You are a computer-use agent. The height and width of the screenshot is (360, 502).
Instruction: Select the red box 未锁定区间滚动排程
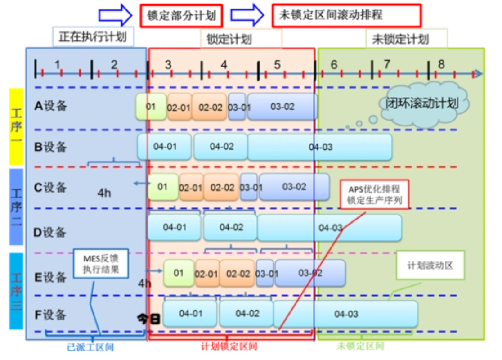click(x=346, y=15)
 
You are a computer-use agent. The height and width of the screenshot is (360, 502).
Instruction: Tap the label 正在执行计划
click(x=94, y=37)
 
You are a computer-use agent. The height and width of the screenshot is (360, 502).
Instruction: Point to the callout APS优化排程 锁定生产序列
click(x=375, y=194)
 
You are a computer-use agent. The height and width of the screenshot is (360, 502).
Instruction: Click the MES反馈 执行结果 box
click(x=101, y=264)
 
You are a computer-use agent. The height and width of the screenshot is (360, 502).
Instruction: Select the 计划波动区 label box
click(x=430, y=265)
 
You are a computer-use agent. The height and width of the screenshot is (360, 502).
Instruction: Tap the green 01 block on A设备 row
click(x=151, y=107)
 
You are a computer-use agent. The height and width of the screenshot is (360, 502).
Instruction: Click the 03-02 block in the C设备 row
click(x=294, y=187)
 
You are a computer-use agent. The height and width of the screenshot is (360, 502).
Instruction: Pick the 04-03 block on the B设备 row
click(x=320, y=147)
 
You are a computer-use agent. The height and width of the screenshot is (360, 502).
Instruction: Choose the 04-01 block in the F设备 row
click(x=191, y=313)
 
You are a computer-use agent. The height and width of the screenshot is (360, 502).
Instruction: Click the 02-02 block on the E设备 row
click(x=237, y=273)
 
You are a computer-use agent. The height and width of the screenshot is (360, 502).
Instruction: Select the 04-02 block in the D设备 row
click(x=231, y=227)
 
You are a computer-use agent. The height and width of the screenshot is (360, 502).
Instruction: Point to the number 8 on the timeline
click(x=441, y=64)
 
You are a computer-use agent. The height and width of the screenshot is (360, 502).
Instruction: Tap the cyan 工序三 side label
click(x=16, y=291)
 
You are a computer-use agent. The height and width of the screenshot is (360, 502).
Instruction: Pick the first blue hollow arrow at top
click(x=115, y=14)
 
